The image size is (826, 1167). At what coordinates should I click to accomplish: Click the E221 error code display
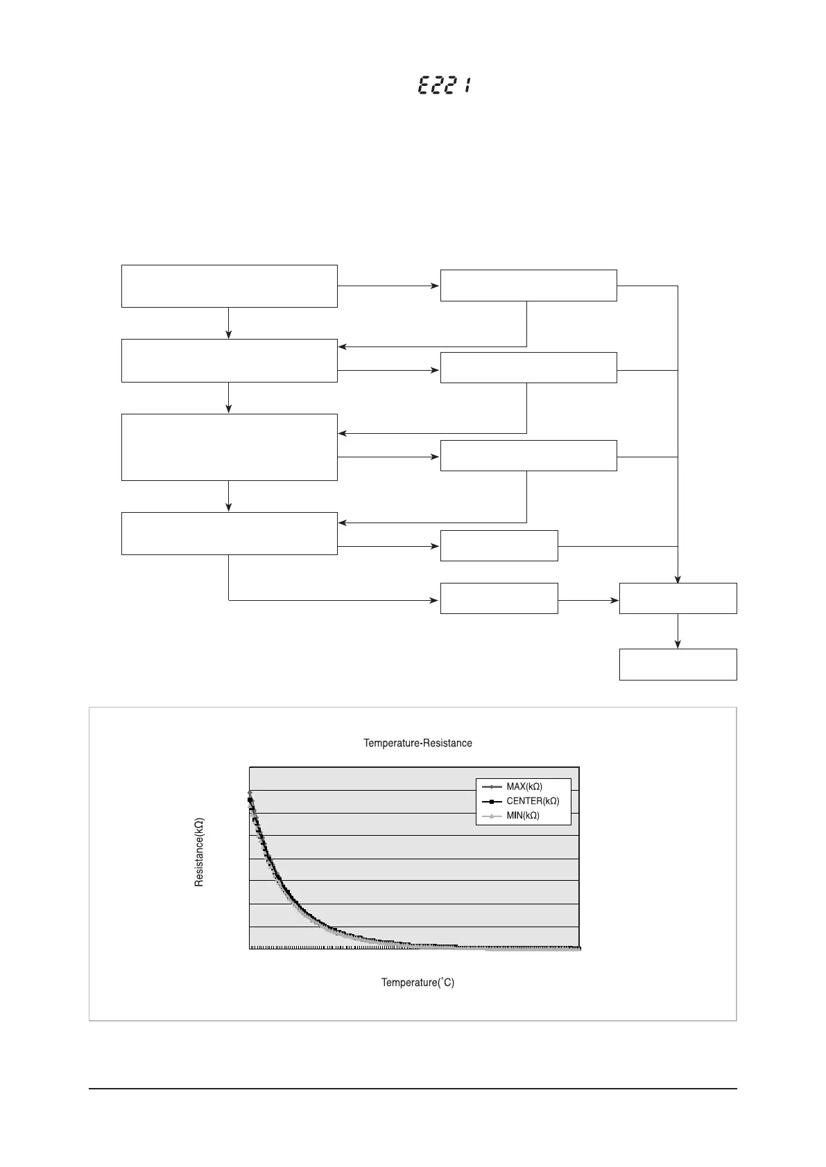445,87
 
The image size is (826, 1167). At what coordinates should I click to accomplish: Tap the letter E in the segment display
423,87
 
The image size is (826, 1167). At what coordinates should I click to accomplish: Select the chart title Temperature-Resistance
418,743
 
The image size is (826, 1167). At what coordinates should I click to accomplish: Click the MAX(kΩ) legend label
524,787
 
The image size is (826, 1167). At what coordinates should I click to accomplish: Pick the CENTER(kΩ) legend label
533,801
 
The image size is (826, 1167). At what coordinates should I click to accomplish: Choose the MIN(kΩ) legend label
523,816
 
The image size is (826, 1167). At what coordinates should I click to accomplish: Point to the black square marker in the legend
491,801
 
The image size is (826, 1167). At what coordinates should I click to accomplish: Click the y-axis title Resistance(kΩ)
199,852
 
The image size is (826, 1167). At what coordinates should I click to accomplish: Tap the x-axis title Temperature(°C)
418,983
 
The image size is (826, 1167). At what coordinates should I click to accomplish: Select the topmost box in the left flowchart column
229,286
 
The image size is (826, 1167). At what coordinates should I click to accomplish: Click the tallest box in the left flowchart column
229,447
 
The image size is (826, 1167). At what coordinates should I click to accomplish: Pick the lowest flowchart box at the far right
678,665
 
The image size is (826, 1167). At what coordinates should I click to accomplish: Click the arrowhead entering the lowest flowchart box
678,645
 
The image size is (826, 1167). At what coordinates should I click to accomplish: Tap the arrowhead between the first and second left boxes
228,335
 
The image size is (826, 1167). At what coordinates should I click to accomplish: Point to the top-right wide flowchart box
528,286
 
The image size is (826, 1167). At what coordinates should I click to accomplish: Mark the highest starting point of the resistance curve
250,792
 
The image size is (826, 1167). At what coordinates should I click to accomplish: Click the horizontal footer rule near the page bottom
413,1089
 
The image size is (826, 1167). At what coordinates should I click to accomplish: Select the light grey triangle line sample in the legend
491,816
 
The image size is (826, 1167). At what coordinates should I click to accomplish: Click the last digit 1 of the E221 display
468,87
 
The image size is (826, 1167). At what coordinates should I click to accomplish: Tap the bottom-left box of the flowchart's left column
229,533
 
